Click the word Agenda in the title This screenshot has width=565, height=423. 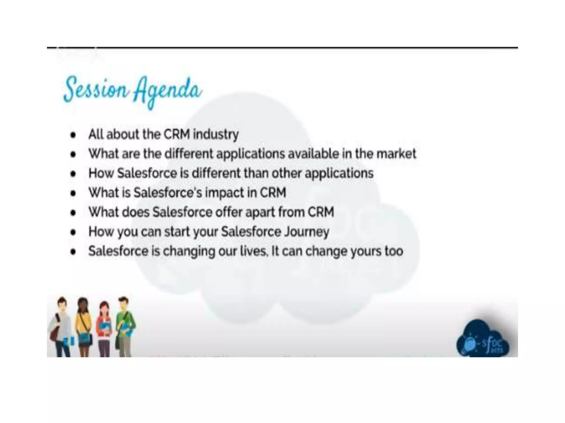pyautogui.click(x=168, y=91)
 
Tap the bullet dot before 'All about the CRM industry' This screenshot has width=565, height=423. pyautogui.click(x=73, y=135)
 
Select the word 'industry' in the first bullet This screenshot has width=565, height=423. pyautogui.click(x=216, y=135)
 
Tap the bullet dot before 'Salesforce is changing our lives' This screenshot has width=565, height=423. pyautogui.click(x=73, y=252)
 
